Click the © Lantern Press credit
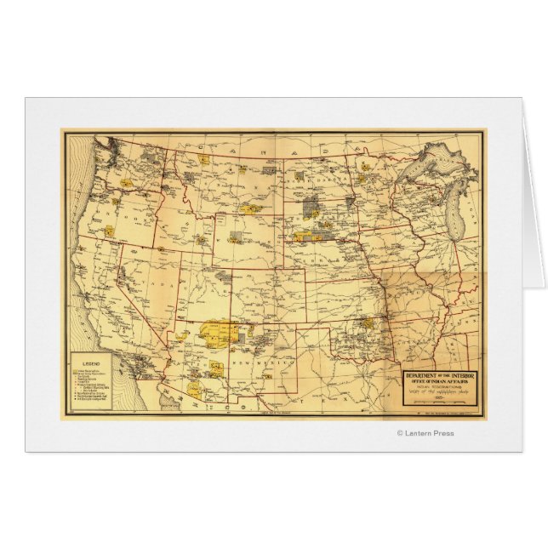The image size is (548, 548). (x=425, y=433)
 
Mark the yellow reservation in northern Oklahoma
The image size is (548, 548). (x=367, y=323)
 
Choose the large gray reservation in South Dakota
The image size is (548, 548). (x=310, y=205)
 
